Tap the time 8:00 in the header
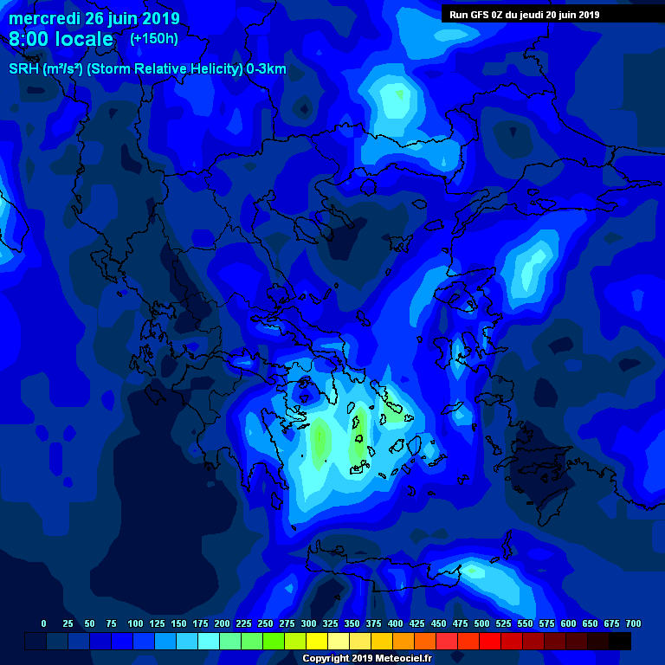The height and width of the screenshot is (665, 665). (30, 39)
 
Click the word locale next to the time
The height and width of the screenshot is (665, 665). (84, 39)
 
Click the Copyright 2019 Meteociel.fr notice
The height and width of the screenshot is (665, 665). (366, 658)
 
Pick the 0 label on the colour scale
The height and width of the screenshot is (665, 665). (44, 623)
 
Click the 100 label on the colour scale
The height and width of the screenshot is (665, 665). (135, 623)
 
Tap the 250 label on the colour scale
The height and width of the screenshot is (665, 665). (266, 623)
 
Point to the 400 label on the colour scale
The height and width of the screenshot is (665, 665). (396, 623)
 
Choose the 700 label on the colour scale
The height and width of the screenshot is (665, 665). (633, 623)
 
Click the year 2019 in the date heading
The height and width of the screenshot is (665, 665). (161, 18)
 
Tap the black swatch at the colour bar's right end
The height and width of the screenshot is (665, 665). (620, 641)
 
